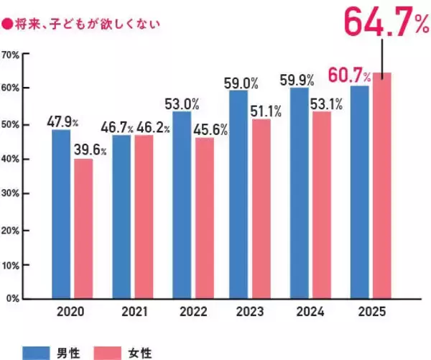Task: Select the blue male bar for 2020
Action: [61, 213]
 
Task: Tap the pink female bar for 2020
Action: [83, 228]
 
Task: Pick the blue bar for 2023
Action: [238, 194]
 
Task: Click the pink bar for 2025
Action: [381, 185]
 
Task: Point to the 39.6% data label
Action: [91, 150]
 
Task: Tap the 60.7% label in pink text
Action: [348, 75]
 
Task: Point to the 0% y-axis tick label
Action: [13, 297]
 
